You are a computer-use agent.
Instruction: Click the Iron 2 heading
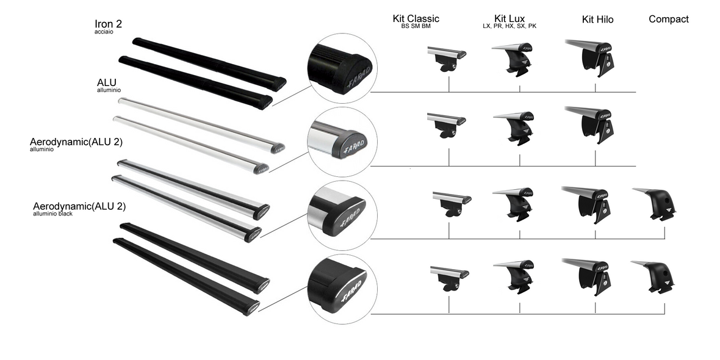click(x=108, y=23)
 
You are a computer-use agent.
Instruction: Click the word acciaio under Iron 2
click(x=104, y=32)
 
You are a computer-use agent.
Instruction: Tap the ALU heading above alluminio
click(x=107, y=82)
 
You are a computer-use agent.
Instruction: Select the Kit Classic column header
click(x=416, y=19)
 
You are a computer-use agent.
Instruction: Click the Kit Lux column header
click(x=509, y=19)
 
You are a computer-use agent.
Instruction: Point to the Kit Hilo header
click(x=597, y=20)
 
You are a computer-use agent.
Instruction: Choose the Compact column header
click(x=669, y=20)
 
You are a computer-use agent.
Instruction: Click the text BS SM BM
click(x=416, y=26)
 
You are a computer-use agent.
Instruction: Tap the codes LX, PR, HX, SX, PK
click(x=509, y=26)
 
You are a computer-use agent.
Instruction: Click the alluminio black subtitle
click(x=53, y=214)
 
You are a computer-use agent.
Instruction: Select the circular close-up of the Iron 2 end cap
click(x=342, y=68)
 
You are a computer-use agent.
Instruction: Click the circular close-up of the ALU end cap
click(x=342, y=142)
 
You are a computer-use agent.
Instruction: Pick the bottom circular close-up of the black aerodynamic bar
click(x=342, y=289)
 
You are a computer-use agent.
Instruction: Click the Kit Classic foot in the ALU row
click(x=447, y=126)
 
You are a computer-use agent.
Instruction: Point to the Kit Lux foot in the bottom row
click(x=514, y=277)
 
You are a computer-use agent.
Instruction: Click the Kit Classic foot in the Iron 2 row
click(x=447, y=59)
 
